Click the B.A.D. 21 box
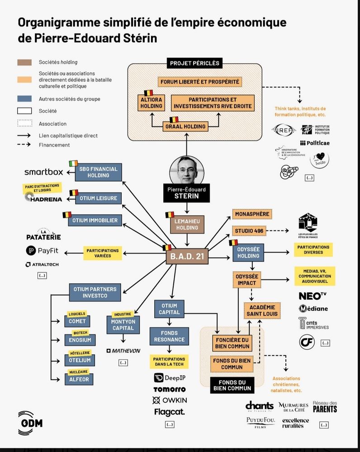point(187,258)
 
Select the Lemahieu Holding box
point(187,224)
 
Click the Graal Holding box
point(185,126)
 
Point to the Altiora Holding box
point(151,103)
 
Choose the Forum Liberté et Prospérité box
point(199,82)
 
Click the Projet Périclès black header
point(194,63)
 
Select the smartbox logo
point(43,172)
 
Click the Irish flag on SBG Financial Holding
point(73,163)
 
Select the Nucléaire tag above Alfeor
point(78,371)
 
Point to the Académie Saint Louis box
point(262,311)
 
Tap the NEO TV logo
point(313,296)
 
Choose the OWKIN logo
point(169,400)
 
